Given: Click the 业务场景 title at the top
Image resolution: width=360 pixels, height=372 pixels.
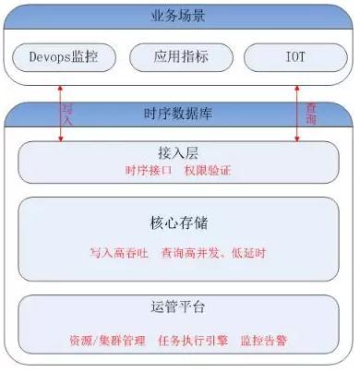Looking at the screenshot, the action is coord(180,16).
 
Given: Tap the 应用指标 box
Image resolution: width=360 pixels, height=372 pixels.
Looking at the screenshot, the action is coord(179,56).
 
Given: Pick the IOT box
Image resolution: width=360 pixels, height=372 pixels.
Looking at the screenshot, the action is coord(296,56).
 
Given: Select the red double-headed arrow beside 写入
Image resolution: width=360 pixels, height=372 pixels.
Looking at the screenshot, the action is coord(59,111).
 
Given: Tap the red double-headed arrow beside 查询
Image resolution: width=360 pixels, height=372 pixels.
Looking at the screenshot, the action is coord(296,111).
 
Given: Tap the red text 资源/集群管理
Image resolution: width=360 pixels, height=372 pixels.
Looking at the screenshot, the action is coord(106,340).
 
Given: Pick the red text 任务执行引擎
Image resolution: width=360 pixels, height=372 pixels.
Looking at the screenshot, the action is coord(191,340).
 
